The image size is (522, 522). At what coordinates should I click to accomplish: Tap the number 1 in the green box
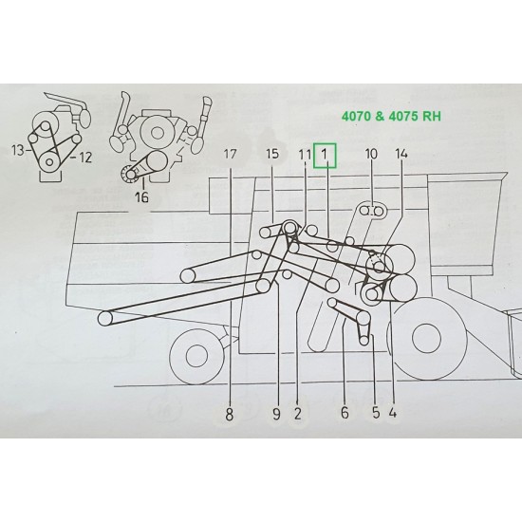(x=325, y=155)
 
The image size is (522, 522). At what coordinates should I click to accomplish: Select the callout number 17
(x=231, y=155)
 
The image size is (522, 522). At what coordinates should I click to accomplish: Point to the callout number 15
(x=272, y=155)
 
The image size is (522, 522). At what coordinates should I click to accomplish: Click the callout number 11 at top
(x=304, y=155)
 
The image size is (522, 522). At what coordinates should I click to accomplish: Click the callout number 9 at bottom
(x=277, y=413)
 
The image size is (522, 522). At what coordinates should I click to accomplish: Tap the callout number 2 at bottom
(x=298, y=413)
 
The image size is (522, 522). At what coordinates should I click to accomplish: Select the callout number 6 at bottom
(x=345, y=413)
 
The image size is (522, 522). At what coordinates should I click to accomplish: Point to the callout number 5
(x=375, y=413)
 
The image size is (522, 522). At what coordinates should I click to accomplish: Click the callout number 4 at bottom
(x=392, y=413)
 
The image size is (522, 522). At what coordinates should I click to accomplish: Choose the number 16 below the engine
(x=142, y=198)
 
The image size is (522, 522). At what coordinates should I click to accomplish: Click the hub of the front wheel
(x=196, y=356)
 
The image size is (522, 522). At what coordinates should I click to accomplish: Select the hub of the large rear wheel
(x=426, y=339)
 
